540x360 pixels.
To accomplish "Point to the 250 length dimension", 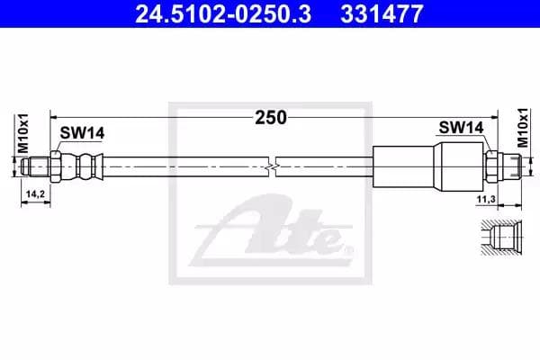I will click(270, 117).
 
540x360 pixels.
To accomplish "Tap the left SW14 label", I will click(83, 134).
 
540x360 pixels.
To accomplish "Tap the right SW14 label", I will click(461, 129).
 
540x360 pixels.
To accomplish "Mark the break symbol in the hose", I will click(274, 166).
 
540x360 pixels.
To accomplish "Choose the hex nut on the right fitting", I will click(491, 166).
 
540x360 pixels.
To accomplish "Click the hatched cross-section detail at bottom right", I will click(504, 238).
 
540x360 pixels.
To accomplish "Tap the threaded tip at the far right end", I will click(512, 166).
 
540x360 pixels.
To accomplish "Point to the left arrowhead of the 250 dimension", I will click(54, 117).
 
